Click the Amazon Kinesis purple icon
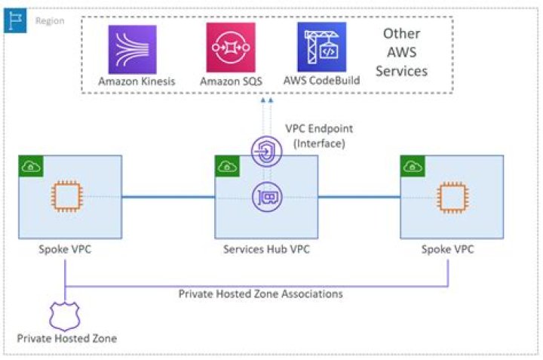click(132, 48)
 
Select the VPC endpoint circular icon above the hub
click(263, 154)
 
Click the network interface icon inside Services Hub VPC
click(263, 197)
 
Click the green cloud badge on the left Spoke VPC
click(30, 166)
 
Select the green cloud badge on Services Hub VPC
click(225, 166)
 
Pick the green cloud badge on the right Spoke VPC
click(411, 166)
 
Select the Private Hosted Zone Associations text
click(260, 294)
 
